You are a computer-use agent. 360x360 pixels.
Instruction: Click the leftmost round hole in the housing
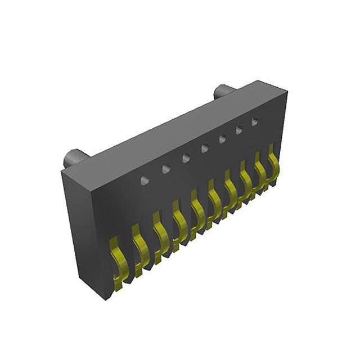tap(145, 180)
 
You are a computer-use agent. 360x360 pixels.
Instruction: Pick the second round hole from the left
tap(165, 169)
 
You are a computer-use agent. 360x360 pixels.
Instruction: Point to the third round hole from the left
tap(186, 158)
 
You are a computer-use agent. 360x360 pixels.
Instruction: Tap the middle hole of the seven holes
tap(204, 148)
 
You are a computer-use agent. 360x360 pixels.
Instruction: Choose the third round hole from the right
tap(222, 139)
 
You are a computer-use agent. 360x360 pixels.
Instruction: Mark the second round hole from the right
tap(238, 130)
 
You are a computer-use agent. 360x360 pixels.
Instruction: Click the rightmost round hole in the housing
tap(254, 121)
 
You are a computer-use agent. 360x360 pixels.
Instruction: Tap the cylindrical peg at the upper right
tap(223, 92)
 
